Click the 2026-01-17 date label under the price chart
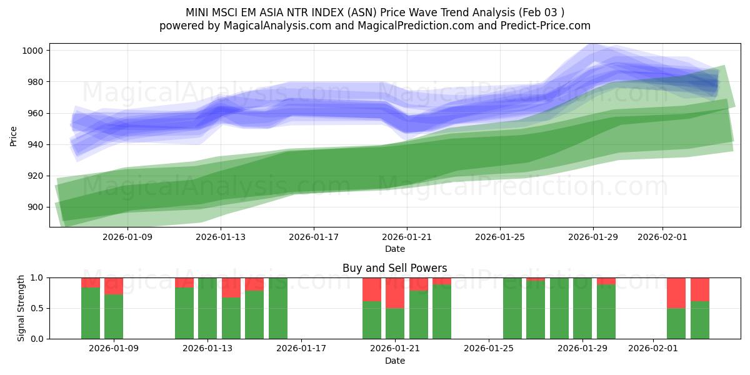pyautogui.click(x=313, y=237)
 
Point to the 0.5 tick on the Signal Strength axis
pyautogui.click(x=37, y=308)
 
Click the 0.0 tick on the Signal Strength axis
pyautogui.click(x=37, y=339)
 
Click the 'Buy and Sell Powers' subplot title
pyautogui.click(x=394, y=268)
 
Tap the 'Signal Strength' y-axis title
pyautogui.click(x=21, y=307)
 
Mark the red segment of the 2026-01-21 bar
pyautogui.click(x=395, y=292)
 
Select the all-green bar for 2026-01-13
pyautogui.click(x=207, y=308)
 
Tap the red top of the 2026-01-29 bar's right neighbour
pyautogui.click(x=606, y=281)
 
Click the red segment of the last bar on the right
pyautogui.click(x=699, y=289)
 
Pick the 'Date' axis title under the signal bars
pyautogui.click(x=394, y=361)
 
